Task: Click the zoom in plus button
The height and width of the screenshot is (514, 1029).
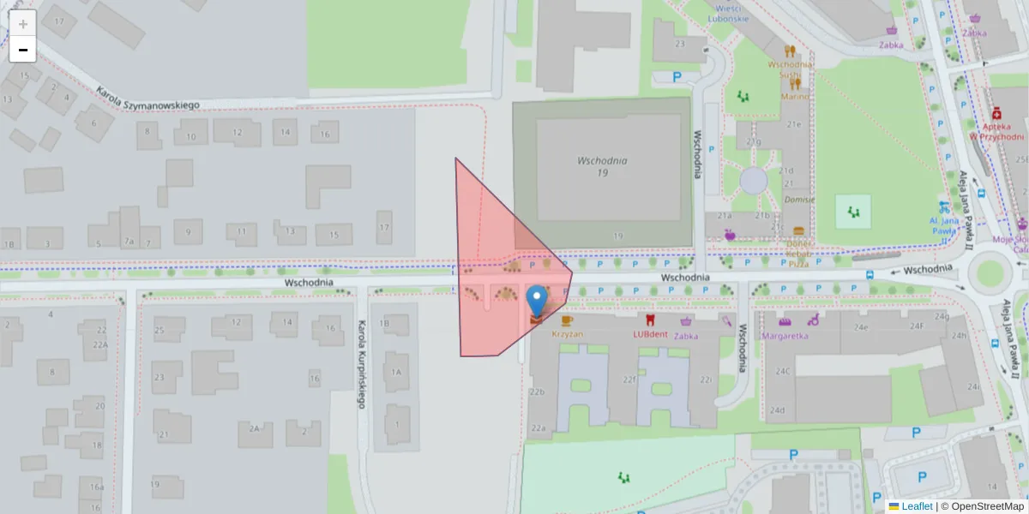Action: click(23, 24)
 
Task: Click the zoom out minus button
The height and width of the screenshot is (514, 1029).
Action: click(23, 50)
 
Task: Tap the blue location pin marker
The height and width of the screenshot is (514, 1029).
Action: click(537, 302)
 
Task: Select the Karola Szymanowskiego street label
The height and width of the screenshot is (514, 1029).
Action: click(147, 98)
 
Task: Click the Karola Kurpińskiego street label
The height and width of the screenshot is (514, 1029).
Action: click(361, 363)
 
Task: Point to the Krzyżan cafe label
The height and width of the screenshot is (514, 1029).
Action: click(568, 334)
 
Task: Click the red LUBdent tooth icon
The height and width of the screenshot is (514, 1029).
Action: click(649, 320)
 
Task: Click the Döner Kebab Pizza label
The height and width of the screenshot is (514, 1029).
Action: click(798, 254)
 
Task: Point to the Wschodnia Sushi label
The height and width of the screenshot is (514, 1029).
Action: click(790, 69)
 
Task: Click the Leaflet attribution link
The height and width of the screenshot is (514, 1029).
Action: click(917, 506)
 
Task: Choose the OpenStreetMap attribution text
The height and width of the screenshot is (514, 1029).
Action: click(983, 506)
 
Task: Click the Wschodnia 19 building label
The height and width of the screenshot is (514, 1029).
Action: click(603, 166)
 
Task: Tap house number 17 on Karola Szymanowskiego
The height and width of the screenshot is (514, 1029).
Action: click(383, 227)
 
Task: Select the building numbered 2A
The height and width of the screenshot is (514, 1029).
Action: click(254, 427)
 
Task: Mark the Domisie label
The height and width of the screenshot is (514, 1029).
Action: click(798, 200)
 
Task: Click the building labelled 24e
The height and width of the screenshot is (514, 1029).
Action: click(860, 326)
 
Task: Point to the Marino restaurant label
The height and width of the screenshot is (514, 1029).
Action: click(795, 96)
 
